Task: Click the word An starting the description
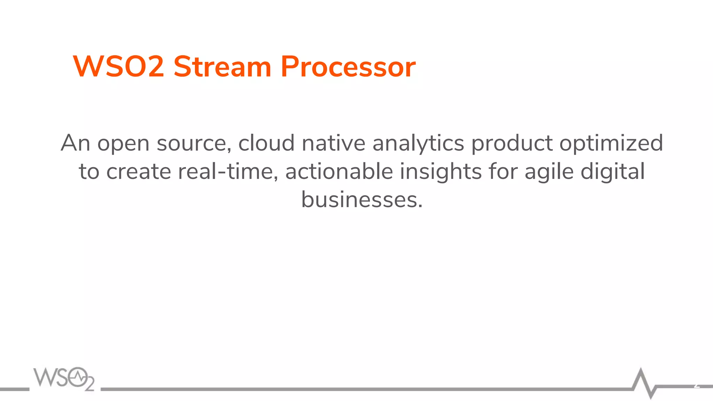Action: tap(75, 143)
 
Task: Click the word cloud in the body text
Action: tap(266, 143)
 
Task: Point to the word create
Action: tap(139, 172)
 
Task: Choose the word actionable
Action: tap(339, 172)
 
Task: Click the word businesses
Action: tap(362, 200)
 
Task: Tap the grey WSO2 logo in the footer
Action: tap(64, 378)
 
